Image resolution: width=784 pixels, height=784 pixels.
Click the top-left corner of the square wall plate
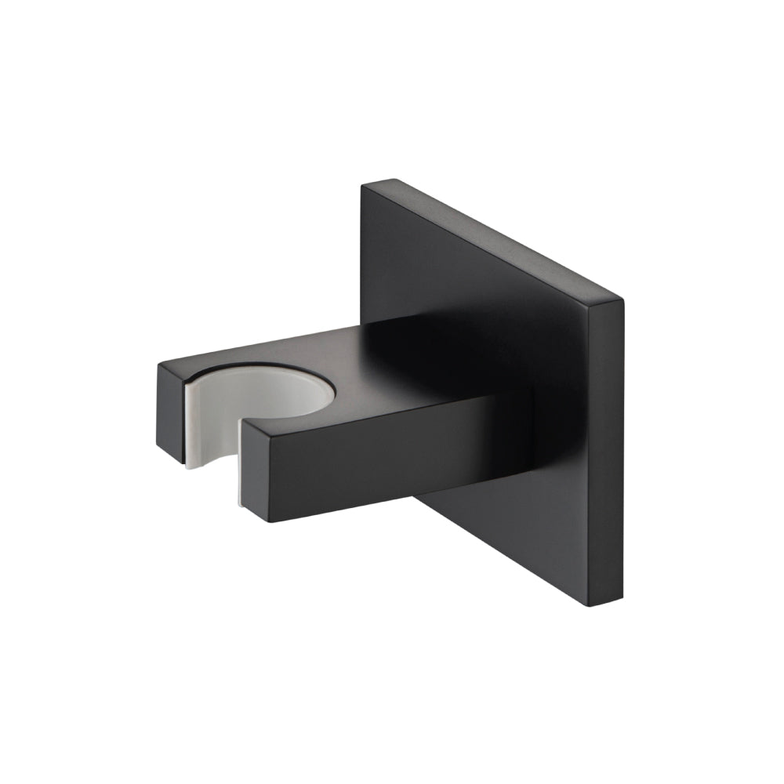(x=365, y=185)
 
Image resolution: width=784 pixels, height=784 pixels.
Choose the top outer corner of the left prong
(x=159, y=363)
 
